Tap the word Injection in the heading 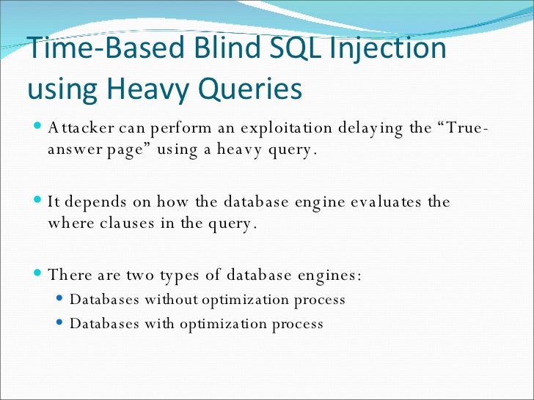[x=389, y=49]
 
